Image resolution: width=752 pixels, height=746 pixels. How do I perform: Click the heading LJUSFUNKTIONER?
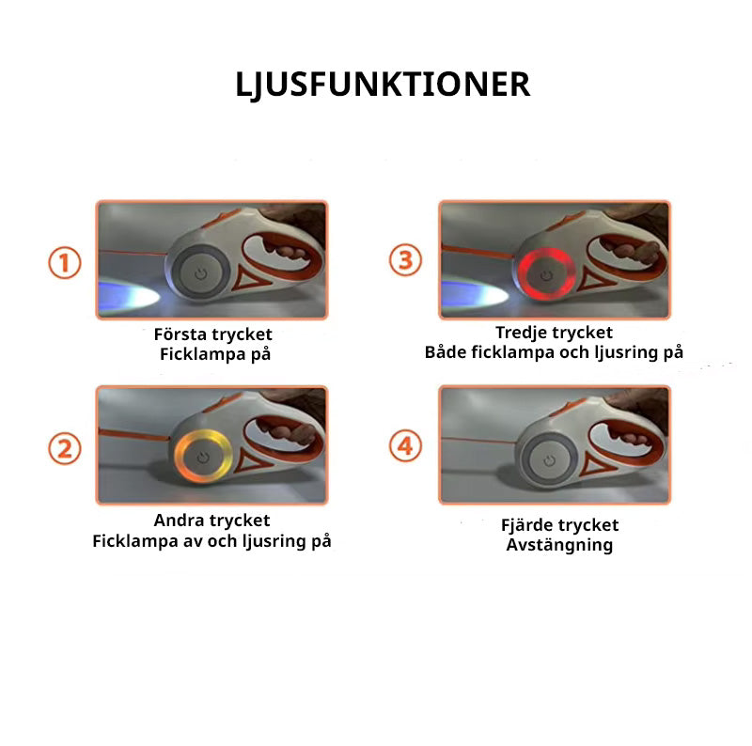(383, 85)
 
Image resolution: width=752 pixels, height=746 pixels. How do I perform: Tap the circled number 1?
(65, 263)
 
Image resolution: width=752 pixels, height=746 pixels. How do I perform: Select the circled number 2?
(65, 448)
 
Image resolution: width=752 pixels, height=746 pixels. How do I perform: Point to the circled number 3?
(405, 260)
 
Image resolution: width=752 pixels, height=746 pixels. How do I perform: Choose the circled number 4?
(405, 445)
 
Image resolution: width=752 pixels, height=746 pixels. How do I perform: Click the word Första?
(180, 334)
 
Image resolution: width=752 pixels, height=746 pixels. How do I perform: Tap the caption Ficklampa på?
(215, 354)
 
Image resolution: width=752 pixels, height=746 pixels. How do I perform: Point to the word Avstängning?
(559, 546)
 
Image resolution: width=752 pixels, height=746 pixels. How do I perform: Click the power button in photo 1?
(201, 274)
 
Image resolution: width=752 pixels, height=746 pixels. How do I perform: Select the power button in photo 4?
(550, 460)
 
